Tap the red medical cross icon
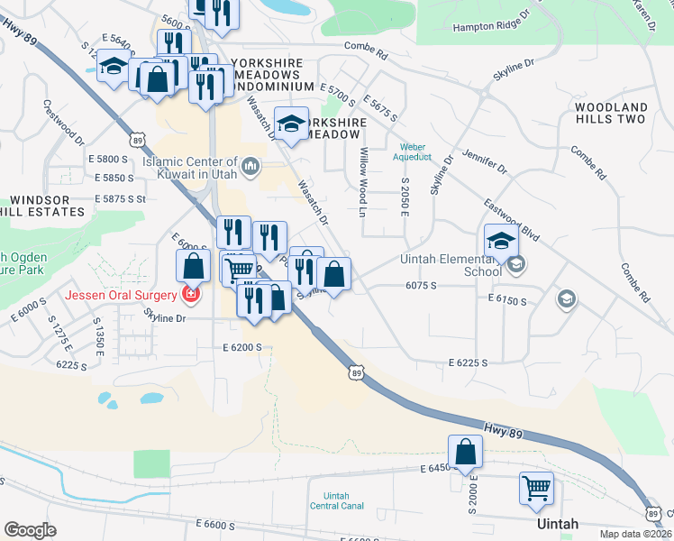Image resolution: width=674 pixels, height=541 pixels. point(190,294)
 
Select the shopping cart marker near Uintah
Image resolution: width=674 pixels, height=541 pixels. point(537,489)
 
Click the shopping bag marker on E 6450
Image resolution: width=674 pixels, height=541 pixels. point(466,452)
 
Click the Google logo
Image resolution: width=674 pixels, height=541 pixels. point(30,530)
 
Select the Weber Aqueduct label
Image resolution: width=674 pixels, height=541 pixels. point(413,151)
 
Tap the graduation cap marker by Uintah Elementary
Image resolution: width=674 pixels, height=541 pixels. point(501,242)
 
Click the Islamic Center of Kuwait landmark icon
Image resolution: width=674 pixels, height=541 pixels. point(252,165)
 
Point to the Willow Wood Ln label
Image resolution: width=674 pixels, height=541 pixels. point(364,182)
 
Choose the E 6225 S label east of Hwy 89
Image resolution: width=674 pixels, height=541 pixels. point(468,362)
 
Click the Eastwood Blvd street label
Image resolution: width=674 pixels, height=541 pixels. point(511,222)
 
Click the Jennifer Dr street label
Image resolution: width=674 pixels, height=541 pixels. point(487,161)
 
